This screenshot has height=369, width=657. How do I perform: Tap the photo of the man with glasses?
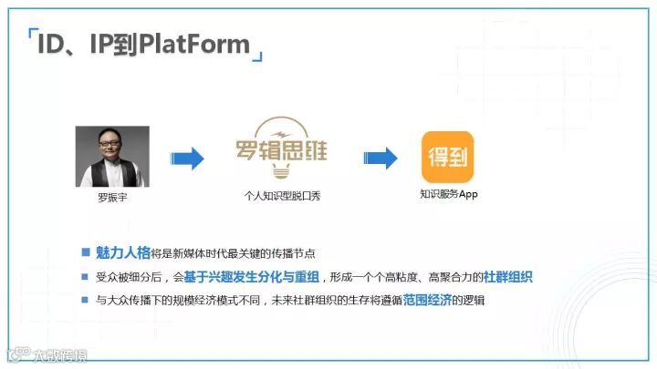click(x=112, y=156)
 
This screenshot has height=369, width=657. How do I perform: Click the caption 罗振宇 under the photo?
click(x=112, y=196)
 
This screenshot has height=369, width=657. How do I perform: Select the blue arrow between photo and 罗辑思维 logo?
click(x=188, y=159)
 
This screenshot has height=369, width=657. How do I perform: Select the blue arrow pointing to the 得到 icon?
click(x=381, y=159)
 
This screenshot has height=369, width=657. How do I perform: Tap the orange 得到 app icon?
click(x=447, y=157)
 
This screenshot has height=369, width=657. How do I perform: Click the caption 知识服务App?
click(x=448, y=193)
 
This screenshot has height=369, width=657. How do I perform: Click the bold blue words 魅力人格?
click(x=120, y=252)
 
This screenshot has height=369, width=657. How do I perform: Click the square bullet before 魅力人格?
click(x=86, y=252)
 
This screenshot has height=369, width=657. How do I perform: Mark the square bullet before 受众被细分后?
click(x=86, y=276)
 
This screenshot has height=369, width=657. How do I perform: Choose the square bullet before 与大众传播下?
click(x=86, y=300)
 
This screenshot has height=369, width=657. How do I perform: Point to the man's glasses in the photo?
click(x=112, y=143)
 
